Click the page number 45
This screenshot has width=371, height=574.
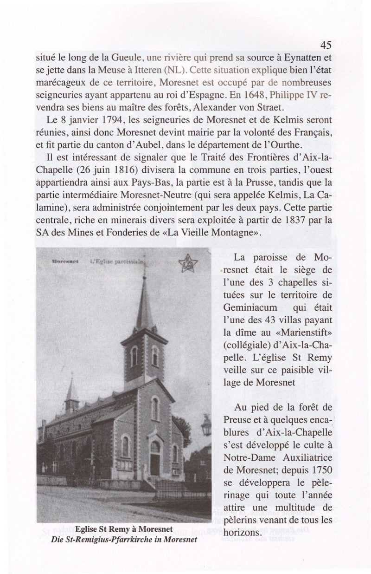(x=326, y=45)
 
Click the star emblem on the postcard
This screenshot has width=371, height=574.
(x=188, y=265)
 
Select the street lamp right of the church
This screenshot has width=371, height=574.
(x=206, y=425)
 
